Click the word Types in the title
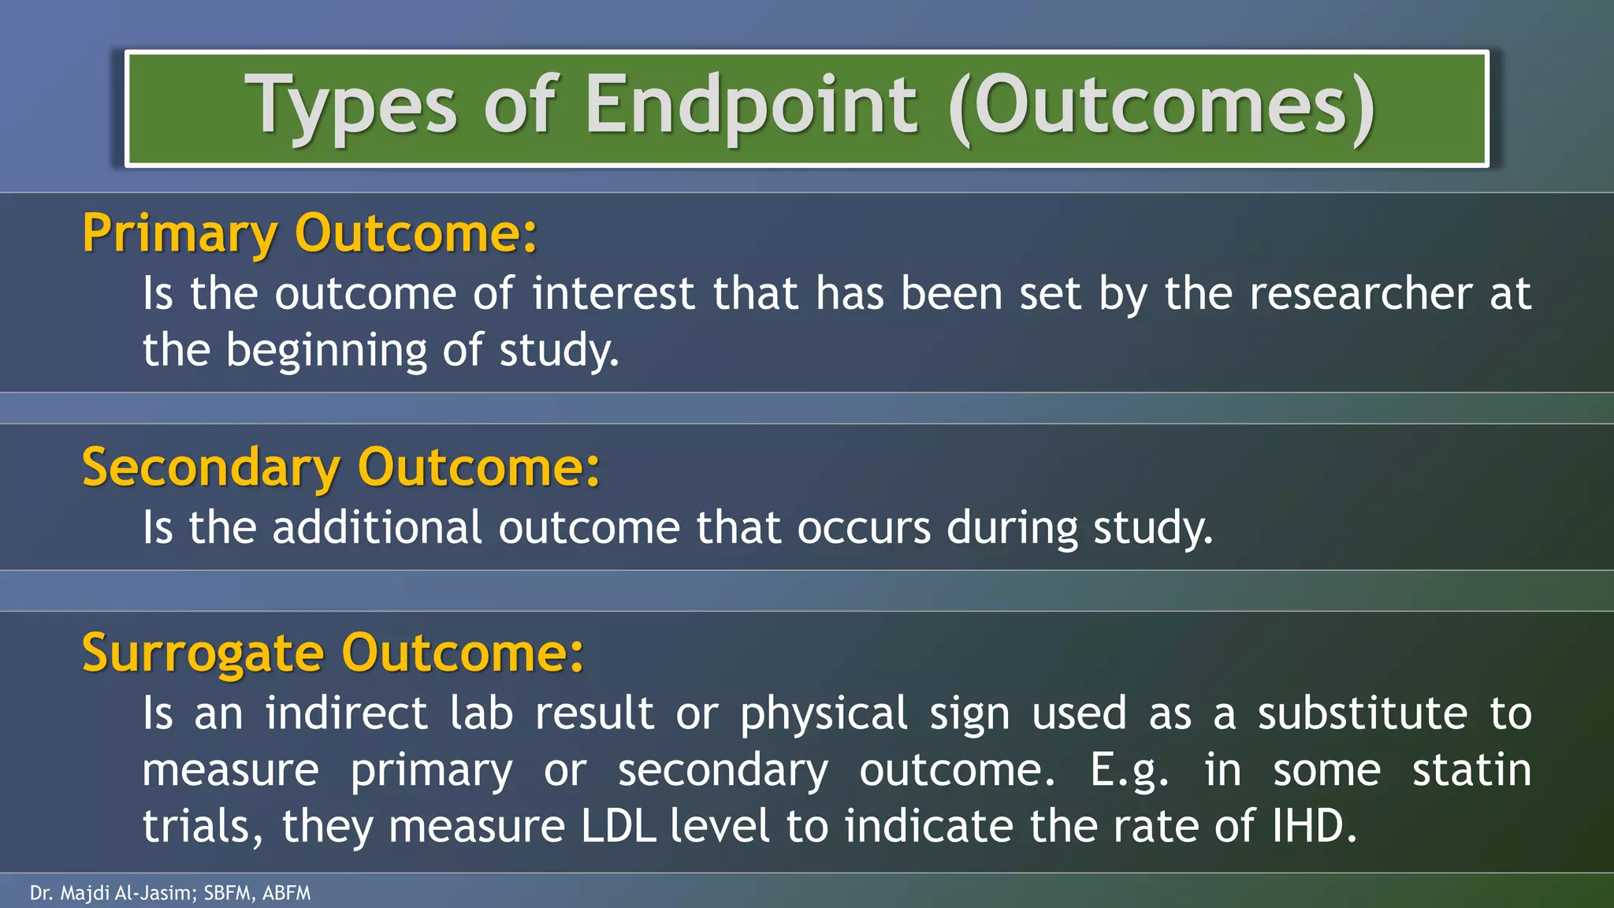pos(351,106)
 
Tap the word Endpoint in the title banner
pos(751,106)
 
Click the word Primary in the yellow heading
pos(180,233)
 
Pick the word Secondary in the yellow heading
pos(210,467)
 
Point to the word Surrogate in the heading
pos(203,653)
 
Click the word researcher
pos(1360,293)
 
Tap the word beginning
pos(326,350)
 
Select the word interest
pos(613,293)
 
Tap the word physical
pos(824,714)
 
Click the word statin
pos(1471,769)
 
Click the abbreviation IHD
pos(1313,826)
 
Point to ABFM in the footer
pos(287,893)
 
